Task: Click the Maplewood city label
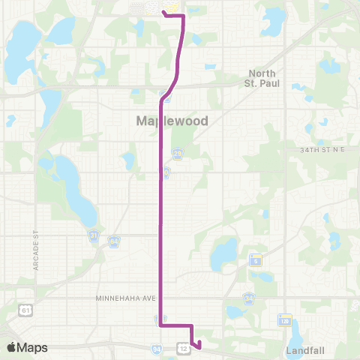[x=172, y=120]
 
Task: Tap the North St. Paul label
[x=262, y=78]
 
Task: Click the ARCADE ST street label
[x=34, y=225]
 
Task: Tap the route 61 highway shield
[x=26, y=309]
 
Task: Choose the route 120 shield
[x=285, y=320]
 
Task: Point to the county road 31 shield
[x=94, y=235]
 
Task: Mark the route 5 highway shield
[x=255, y=260]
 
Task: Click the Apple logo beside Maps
[x=12, y=347]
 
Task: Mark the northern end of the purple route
[x=163, y=10]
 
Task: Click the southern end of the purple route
[x=199, y=345]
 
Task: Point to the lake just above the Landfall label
[x=295, y=330]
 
